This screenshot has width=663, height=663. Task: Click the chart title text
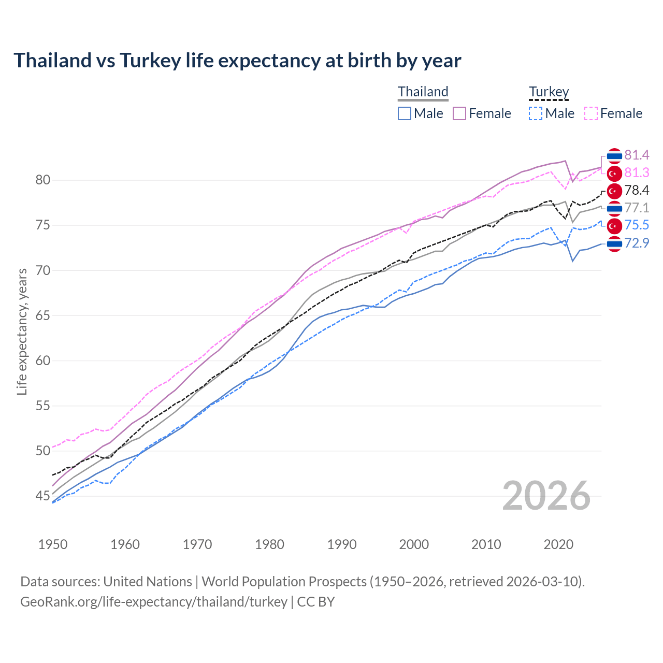(x=237, y=61)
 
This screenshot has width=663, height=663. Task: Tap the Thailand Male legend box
(x=405, y=113)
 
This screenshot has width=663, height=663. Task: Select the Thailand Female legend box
(x=459, y=113)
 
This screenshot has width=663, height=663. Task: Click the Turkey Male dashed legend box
(x=536, y=113)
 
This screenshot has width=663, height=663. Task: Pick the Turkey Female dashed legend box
(x=591, y=113)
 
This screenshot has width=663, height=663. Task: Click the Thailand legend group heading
(x=423, y=92)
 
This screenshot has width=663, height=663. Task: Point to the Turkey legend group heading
(x=549, y=92)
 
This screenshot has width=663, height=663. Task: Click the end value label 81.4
(x=637, y=155)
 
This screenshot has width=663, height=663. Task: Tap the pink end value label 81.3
(x=637, y=172)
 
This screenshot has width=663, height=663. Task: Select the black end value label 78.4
(x=637, y=190)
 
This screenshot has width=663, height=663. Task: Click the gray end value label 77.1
(x=637, y=208)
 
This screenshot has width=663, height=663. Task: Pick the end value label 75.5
(x=637, y=225)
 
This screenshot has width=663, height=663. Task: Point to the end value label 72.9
(x=637, y=242)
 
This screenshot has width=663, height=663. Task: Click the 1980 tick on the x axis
(x=270, y=544)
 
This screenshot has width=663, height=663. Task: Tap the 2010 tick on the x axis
(x=486, y=544)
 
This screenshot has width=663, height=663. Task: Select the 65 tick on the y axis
(x=42, y=315)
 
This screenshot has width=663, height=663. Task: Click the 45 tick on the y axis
(x=42, y=496)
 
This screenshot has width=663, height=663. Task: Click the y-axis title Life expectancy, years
(x=22, y=331)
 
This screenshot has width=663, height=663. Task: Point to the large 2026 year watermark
(x=546, y=496)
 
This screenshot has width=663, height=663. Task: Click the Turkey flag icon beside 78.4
(x=614, y=191)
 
